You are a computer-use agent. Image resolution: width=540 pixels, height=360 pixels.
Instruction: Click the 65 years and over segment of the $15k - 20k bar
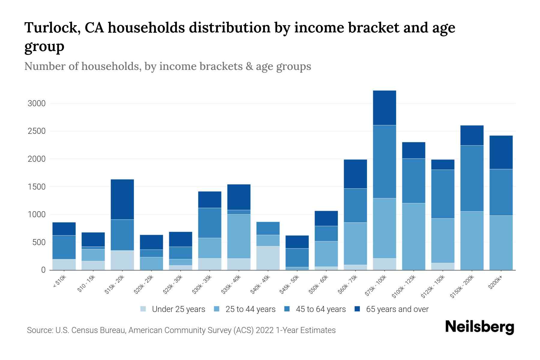[122, 199]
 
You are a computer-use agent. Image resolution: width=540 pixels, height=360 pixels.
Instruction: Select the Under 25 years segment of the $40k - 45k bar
[268, 258]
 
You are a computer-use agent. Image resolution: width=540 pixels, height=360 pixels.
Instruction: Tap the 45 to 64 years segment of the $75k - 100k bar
[384, 162]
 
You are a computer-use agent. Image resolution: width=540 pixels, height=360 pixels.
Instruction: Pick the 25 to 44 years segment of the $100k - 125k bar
[413, 236]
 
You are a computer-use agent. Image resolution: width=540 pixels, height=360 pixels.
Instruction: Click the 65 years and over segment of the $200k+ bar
[501, 152]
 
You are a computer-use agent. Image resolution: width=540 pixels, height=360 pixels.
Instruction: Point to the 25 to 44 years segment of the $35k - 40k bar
[239, 236]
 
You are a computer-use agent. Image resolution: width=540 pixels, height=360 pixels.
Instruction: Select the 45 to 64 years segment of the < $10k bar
[64, 247]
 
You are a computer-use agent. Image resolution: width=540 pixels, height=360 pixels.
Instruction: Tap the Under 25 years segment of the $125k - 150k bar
[442, 266]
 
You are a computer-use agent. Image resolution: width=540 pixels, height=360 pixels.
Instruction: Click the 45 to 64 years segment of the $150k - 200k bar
[472, 178]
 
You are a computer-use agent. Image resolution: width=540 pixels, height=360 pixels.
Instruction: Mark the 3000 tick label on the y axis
[36, 104]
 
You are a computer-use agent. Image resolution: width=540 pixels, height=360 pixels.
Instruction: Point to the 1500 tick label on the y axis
[36, 187]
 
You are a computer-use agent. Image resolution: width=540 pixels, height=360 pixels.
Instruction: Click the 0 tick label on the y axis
[43, 270]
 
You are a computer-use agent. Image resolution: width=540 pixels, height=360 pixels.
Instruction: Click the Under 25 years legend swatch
[143, 309]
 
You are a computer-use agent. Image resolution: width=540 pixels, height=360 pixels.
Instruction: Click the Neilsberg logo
[479, 327]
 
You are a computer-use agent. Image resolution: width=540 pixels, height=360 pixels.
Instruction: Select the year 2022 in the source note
[264, 330]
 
